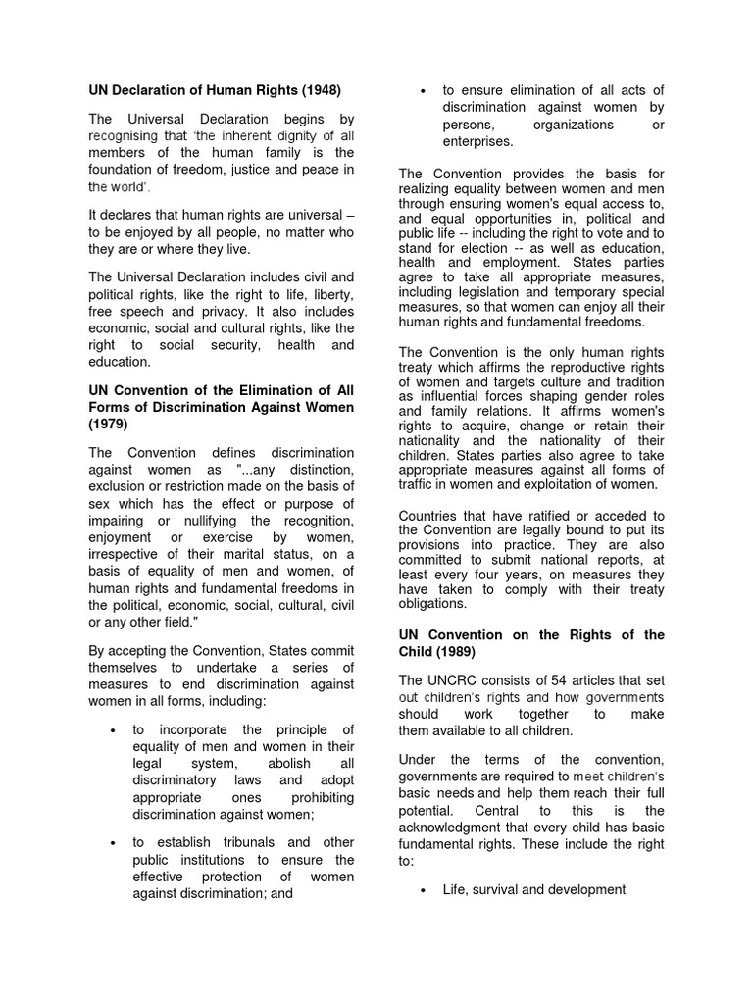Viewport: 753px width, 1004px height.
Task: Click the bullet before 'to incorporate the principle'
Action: coord(115,730)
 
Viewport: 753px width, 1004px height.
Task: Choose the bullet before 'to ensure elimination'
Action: coord(423,91)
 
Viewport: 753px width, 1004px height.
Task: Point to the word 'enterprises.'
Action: coord(477,142)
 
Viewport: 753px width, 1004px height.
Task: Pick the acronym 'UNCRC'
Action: coord(456,680)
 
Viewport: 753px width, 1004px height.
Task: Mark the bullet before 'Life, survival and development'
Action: coord(423,890)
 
